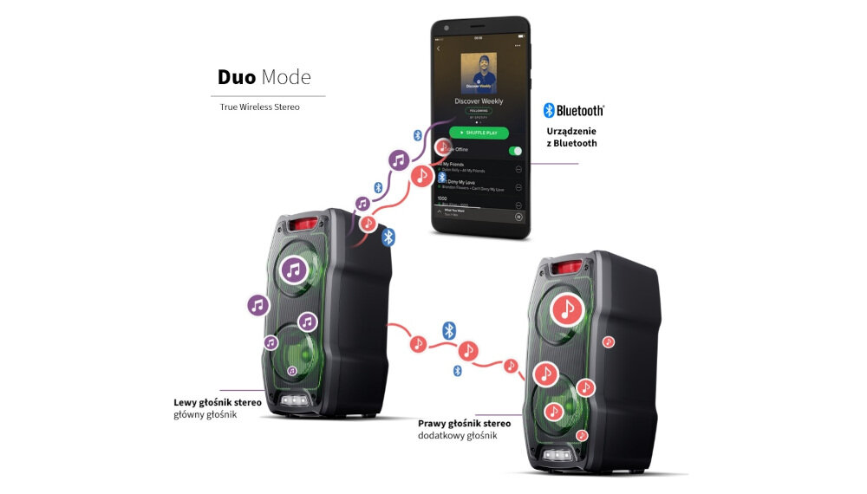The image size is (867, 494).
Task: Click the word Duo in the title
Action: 236,77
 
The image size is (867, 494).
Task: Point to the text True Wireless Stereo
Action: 259,107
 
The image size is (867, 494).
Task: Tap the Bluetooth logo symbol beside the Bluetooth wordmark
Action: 549,110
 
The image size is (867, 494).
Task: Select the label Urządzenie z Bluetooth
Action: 571,137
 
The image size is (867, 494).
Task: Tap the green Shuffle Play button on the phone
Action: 479,133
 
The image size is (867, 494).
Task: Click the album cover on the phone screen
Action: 479,72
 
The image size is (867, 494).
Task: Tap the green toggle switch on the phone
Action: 515,150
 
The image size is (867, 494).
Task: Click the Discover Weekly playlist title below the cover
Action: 479,101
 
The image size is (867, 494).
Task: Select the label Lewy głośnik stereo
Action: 218,402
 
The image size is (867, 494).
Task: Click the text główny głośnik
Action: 205,414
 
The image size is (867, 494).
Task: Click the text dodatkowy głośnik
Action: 458,436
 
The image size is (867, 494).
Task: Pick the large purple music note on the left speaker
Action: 294,271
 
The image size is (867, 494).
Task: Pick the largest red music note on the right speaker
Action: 568,309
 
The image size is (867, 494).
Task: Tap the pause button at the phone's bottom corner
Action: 518,217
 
